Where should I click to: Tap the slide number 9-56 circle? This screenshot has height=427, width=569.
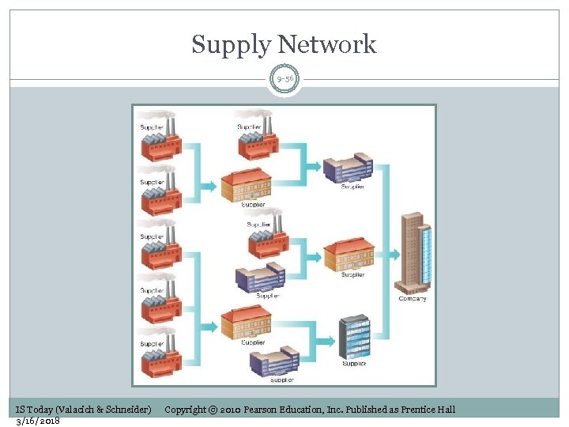pos(284,80)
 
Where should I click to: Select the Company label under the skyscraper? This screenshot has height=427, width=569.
pos(413,298)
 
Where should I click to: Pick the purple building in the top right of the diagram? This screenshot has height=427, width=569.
pos(348,168)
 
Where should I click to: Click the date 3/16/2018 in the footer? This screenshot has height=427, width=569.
pos(38,420)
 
